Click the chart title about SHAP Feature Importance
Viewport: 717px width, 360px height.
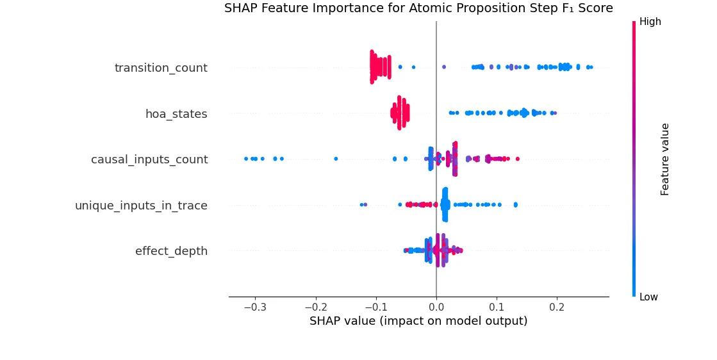point(418,8)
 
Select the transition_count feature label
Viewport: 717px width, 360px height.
point(161,68)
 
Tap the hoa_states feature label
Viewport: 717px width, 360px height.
point(176,114)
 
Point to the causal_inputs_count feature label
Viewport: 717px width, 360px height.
point(149,160)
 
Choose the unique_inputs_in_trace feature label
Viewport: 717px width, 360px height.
point(141,206)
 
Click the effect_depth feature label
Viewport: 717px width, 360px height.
point(171,251)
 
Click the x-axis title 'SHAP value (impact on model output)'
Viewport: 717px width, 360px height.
point(418,321)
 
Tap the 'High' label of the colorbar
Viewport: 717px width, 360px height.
point(650,22)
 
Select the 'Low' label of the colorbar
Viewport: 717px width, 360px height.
point(648,297)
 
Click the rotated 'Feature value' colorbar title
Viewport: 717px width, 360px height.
point(665,160)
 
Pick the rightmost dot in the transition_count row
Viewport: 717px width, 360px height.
point(591,67)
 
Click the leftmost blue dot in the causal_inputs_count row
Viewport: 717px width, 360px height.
point(245,158)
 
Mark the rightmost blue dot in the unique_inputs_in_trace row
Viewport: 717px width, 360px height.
point(516,205)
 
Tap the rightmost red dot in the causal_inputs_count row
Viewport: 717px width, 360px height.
point(518,158)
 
